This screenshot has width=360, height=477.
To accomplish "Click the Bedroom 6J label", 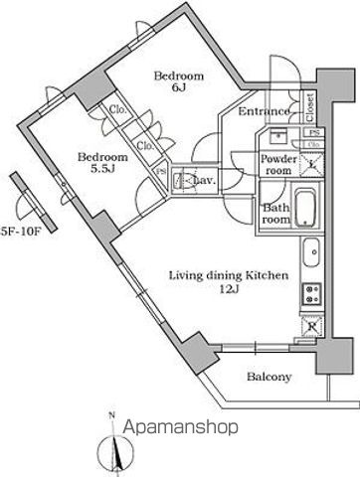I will click(x=178, y=81).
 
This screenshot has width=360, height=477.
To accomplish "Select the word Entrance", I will click(x=265, y=111).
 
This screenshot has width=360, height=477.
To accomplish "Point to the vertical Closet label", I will click(x=309, y=104).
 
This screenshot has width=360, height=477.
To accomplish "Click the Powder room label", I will click(x=279, y=163).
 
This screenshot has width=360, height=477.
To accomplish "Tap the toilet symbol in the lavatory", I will click(x=184, y=181).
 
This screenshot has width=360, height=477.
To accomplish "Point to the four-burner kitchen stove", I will click(x=311, y=293).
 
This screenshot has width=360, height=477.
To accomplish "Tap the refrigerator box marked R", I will click(x=311, y=324).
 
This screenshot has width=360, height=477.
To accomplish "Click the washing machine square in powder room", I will click(x=311, y=163).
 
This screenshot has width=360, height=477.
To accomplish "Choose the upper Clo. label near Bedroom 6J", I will click(x=117, y=110).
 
